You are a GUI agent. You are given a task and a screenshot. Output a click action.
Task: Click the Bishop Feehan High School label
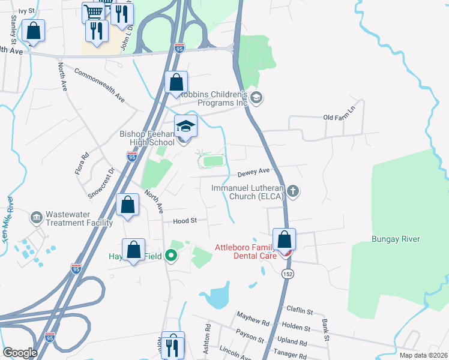(146, 138)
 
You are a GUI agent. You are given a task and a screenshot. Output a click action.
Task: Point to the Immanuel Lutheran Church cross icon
(292, 192)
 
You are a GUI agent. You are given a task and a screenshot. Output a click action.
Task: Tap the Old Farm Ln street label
(339, 118)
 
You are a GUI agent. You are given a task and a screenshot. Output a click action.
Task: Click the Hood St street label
(185, 221)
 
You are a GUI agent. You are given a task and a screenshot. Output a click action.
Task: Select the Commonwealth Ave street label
(99, 84)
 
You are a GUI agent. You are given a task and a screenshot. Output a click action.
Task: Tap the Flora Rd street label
(85, 163)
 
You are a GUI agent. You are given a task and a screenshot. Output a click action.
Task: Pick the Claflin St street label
(300, 312)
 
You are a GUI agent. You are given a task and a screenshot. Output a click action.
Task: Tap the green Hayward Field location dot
(172, 256)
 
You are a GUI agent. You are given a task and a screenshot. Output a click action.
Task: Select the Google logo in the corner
(20, 353)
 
